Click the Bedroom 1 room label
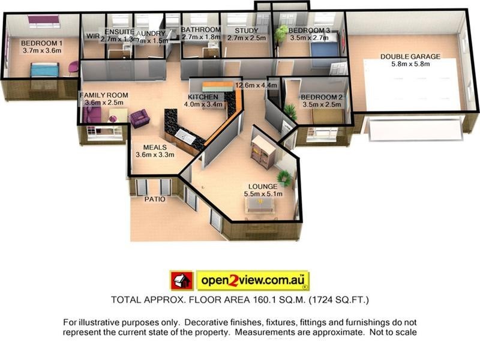coord(42,43)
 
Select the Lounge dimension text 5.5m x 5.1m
coord(263,194)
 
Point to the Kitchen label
coord(202,97)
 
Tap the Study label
coord(247,30)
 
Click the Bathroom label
coord(201,30)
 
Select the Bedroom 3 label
coord(309,30)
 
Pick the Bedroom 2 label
coord(322,97)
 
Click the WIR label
coord(92,35)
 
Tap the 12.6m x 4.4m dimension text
coord(256,85)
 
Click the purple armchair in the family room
coord(140,118)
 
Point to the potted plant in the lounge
coord(284,177)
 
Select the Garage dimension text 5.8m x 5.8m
coord(410,64)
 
